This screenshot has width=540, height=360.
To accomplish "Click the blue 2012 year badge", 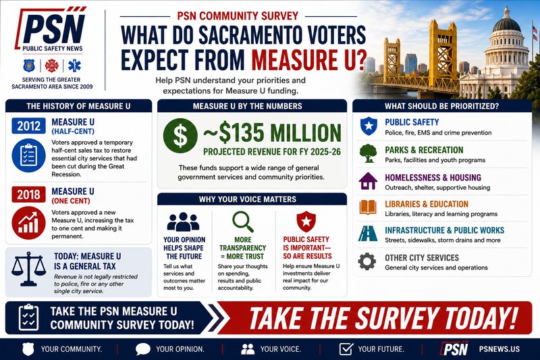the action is [28, 126].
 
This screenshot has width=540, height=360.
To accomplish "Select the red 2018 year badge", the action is [28, 195].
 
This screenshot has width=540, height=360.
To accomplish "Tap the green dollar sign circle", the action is [180, 136].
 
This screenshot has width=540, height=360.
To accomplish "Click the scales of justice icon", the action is [28, 269].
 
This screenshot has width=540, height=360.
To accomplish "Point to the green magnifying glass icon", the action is [242, 222].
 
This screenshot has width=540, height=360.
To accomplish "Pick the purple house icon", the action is [368, 181].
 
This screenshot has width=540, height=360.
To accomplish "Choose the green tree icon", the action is [368, 153].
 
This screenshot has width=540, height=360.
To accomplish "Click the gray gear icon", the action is [367, 261].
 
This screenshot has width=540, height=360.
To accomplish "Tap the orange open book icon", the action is [368, 207].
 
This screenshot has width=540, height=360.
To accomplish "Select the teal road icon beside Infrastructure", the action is [368, 234].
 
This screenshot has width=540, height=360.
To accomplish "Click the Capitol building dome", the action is [507, 24].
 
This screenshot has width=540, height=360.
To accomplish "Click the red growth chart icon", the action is [28, 223].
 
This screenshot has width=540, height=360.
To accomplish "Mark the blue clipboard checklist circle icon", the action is [28, 155].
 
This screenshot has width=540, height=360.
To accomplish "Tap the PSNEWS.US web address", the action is [499, 349].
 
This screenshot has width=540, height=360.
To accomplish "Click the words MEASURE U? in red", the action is [309, 59].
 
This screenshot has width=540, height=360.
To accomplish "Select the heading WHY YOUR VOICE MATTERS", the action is [247, 199].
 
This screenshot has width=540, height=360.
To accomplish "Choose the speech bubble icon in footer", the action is [143, 349].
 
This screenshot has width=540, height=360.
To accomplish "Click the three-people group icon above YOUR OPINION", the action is [183, 222].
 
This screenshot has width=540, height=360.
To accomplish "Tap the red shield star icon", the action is [306, 222].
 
